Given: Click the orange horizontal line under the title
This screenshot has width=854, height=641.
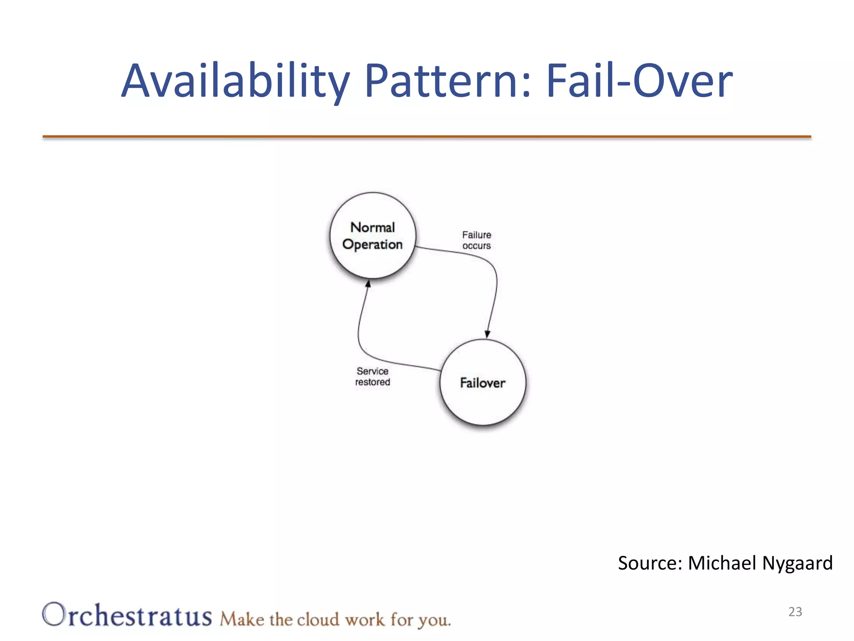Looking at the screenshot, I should (x=427, y=136).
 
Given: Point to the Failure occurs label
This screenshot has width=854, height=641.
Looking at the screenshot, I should (x=477, y=240).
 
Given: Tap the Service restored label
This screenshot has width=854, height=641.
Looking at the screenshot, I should (x=372, y=376).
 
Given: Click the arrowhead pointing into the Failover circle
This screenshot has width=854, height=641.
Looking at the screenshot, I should (x=487, y=334).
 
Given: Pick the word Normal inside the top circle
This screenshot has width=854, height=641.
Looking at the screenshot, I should (x=372, y=227).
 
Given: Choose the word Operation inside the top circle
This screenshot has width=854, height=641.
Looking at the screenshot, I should (x=372, y=245).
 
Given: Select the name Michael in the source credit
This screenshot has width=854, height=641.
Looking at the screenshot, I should (x=722, y=563).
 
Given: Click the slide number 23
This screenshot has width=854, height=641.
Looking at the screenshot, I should (x=795, y=612).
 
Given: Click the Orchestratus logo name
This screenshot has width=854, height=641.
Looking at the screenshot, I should (x=127, y=615).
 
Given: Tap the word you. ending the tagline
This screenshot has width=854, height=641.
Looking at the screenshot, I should (x=435, y=621).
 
